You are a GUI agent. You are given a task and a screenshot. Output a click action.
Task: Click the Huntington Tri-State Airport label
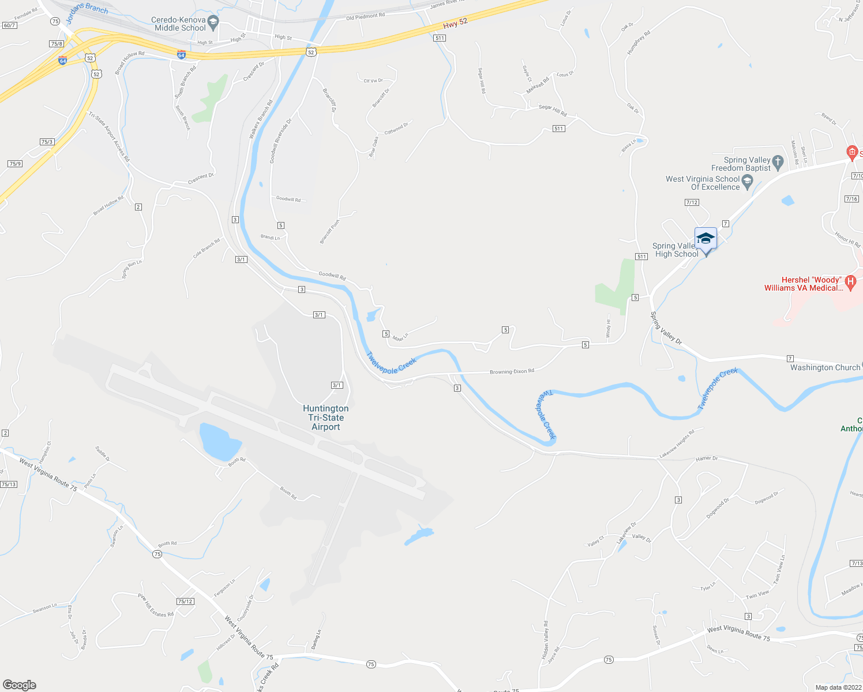(x=326, y=418)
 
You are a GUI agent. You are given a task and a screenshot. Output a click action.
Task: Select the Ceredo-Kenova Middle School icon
(x=213, y=23)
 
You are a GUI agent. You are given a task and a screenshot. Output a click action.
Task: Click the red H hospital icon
(x=850, y=283)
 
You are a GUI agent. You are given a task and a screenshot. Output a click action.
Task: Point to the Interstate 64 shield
(x=182, y=55)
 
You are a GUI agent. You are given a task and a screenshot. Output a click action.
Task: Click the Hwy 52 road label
(x=455, y=24)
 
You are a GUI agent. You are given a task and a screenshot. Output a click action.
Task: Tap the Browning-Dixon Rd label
(x=512, y=371)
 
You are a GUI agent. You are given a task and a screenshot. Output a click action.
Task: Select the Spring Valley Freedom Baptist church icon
(x=778, y=163)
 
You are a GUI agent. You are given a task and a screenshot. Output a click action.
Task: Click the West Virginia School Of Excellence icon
(x=748, y=182)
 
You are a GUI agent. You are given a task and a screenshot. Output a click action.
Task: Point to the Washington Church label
(x=825, y=367)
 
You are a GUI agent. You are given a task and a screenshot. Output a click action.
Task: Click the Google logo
(x=19, y=685)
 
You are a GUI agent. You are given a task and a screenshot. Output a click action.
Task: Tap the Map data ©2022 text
(x=836, y=687)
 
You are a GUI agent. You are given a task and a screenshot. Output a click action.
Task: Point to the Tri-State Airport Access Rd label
(x=109, y=136)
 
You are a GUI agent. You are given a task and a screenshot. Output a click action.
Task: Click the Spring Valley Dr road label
(x=666, y=329)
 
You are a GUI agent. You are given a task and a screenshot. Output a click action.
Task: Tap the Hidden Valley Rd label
(x=545, y=640)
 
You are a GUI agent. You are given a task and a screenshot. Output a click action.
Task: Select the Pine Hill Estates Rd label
(x=156, y=605)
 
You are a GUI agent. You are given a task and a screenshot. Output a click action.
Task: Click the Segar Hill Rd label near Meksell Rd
(x=553, y=109)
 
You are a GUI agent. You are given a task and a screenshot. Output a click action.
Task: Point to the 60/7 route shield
(x=9, y=25)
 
